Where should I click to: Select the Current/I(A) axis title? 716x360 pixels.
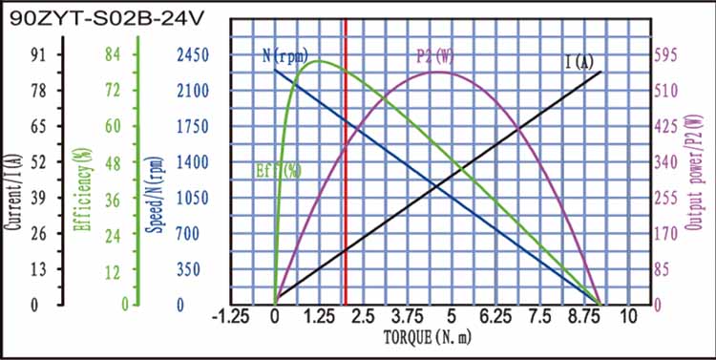coord(13,180)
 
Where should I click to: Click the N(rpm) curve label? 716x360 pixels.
coord(285,56)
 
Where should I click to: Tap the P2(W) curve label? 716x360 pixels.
coord(434,56)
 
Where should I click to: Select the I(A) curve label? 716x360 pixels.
coord(579,62)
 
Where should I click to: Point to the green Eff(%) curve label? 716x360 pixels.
coord(279,172)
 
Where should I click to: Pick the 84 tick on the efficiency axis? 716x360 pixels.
coord(111,55)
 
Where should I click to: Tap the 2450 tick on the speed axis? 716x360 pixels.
coord(192,55)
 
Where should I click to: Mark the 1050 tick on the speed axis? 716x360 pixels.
coord(192,198)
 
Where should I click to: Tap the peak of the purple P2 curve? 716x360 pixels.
coord(436,72)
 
